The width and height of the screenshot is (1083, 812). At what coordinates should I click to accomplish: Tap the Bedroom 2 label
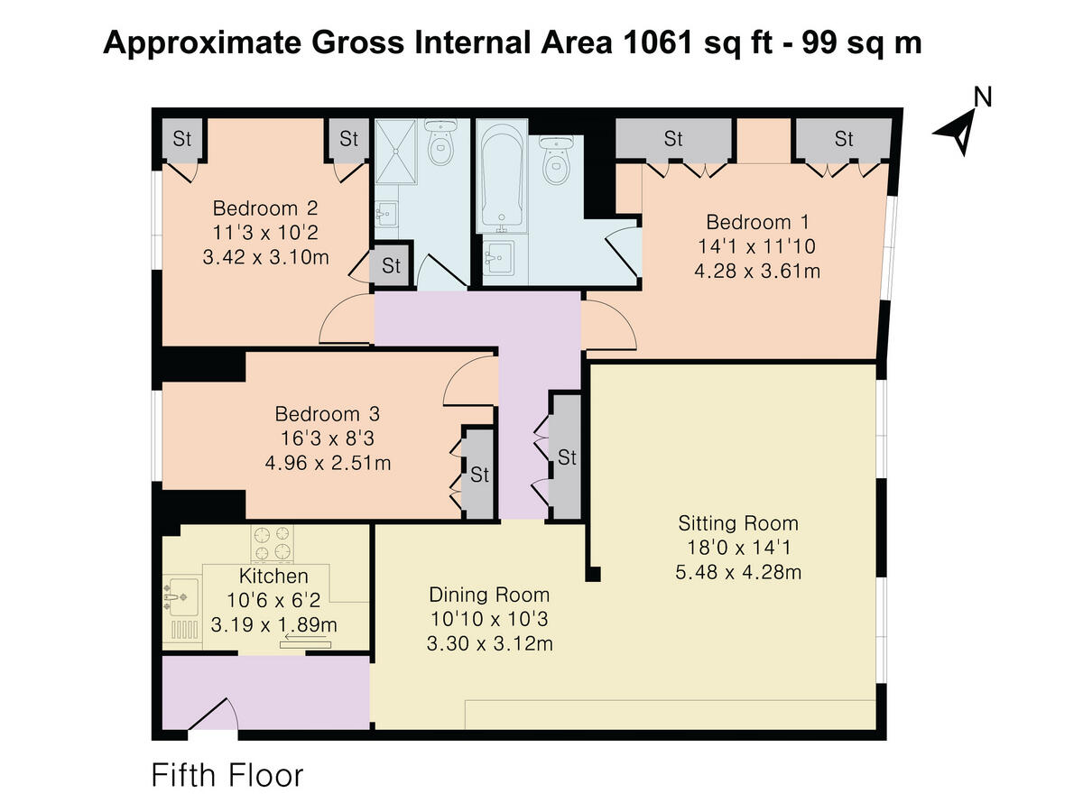265,208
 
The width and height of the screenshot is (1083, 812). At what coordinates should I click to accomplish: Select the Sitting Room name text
737,522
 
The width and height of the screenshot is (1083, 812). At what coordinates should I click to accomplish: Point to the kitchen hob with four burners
272,543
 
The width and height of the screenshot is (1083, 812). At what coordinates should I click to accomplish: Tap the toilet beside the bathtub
557,160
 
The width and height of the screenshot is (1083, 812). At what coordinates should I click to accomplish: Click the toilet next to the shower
441,142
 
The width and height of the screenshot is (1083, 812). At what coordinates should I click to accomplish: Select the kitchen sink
181,597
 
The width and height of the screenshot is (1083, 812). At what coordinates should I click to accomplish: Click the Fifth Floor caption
227,775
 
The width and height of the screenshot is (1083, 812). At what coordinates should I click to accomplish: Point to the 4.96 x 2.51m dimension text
328,463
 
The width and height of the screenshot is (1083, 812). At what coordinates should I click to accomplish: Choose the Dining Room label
489,594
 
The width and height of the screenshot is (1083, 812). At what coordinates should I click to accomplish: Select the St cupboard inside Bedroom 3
479,474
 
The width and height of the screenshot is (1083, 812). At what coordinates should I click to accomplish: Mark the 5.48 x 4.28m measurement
738,572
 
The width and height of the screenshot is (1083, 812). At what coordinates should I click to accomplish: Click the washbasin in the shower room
386,214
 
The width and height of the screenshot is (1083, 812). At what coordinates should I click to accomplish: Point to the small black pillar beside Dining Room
593,574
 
